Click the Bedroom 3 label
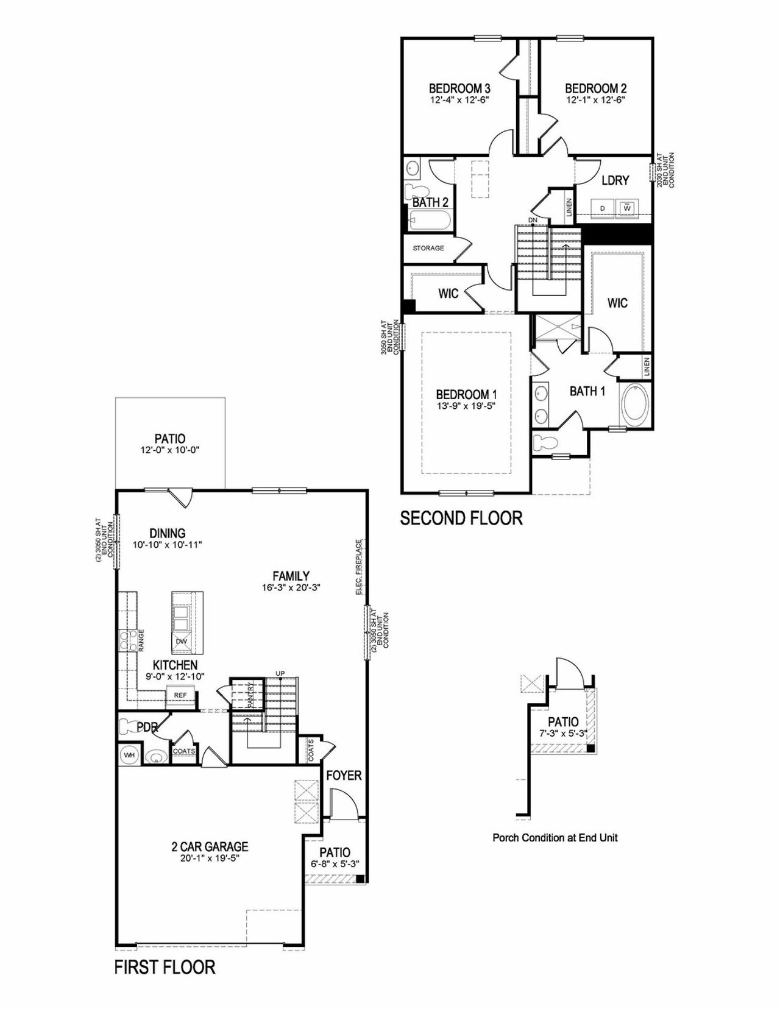[x=459, y=88]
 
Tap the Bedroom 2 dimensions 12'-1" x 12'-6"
[x=595, y=99]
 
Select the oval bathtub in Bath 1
[x=635, y=404]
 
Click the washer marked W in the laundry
[x=626, y=208]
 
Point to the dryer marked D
[x=602, y=208]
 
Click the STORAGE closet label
[x=428, y=248]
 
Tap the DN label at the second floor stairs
[x=533, y=220]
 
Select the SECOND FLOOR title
[x=461, y=518]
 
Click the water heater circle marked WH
[x=129, y=755]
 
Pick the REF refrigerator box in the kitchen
[x=180, y=695]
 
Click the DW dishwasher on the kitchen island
[x=181, y=642]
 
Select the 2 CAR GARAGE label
[x=210, y=846]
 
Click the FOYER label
[x=344, y=775]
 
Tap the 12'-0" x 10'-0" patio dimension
[x=170, y=450]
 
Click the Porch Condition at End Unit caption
[x=555, y=838]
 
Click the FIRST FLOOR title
[x=165, y=967]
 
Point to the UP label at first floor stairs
[x=280, y=673]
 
